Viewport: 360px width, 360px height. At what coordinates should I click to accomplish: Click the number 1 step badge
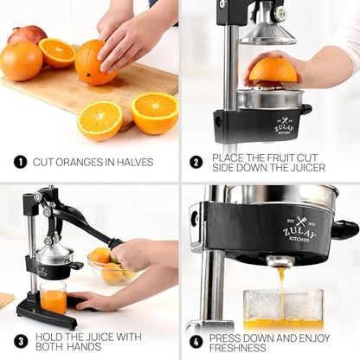click(20, 162)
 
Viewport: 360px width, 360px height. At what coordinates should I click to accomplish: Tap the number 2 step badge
click(196, 162)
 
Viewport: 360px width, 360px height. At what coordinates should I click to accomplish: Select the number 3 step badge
click(20, 341)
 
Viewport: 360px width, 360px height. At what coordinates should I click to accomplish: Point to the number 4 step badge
click(196, 341)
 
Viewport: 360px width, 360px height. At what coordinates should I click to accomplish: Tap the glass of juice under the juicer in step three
click(52, 298)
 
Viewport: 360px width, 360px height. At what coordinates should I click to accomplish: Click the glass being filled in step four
click(283, 310)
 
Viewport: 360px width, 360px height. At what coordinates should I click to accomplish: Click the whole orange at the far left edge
click(19, 61)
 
